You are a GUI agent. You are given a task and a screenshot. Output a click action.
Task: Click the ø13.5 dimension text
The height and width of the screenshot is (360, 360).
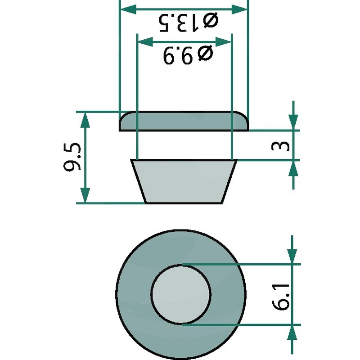[189, 23]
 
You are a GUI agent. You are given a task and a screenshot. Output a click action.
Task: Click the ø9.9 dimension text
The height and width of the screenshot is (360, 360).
[188, 54]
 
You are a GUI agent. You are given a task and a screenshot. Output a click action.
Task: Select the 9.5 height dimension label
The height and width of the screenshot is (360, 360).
[72, 157]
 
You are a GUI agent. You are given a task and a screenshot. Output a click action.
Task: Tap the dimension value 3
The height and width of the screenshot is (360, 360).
[280, 146]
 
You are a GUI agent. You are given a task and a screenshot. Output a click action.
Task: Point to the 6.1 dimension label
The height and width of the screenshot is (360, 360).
[280, 297]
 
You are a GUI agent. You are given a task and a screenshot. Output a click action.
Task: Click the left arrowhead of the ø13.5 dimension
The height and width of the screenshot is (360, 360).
[129, 9]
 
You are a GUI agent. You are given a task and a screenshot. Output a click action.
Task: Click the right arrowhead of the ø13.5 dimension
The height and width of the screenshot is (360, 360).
[239, 9]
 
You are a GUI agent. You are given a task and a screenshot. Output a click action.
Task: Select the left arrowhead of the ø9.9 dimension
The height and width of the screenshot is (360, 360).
[145, 42]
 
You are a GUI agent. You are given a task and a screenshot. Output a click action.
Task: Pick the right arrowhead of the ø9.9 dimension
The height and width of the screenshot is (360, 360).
[223, 42]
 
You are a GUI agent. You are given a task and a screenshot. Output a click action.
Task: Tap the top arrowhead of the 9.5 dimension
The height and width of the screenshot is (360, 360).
[85, 120]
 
